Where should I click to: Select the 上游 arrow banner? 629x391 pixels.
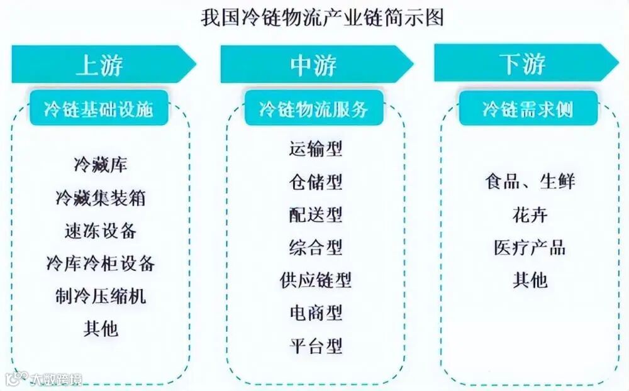(101, 65)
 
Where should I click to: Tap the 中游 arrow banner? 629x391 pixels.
(314, 65)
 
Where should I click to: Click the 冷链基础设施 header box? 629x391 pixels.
(99, 109)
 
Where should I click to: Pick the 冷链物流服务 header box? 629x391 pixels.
(314, 109)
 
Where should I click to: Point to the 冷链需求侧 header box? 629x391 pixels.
(527, 109)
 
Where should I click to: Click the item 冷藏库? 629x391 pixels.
(101, 165)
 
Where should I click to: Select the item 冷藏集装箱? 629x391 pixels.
(101, 198)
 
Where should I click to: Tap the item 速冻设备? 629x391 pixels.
(101, 231)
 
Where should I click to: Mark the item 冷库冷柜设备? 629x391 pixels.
(101, 263)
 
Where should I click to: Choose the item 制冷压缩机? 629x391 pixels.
(101, 295)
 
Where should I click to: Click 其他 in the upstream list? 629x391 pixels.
(101, 328)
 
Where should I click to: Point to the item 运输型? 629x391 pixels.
(316, 149)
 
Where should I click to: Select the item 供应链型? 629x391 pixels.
(316, 279)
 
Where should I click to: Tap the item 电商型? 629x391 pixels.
(316, 312)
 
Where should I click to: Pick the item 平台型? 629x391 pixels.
(316, 345)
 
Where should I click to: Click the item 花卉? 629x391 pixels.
(530, 215)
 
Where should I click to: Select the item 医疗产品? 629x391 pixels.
(530, 247)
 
